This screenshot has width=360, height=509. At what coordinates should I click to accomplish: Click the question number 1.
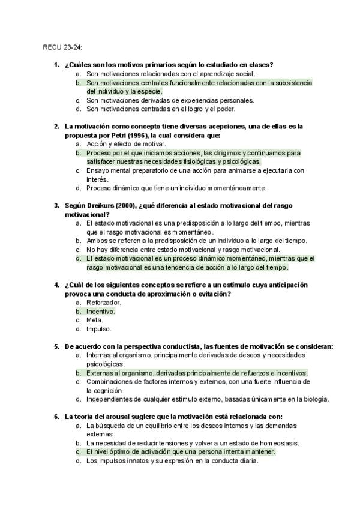pos(56,65)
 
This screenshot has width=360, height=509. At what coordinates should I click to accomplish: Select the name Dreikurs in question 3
pos(99,205)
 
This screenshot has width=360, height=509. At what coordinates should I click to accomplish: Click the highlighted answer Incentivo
pos(100,311)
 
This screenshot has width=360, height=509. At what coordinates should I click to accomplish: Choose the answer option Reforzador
pos(104,302)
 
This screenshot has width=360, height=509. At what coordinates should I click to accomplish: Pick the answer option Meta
pos(95,320)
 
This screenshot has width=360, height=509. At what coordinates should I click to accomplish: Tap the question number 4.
pos(56,285)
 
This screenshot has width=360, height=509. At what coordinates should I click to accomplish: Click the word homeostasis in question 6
pos(278,443)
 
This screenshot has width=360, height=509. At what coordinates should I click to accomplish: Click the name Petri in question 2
pos(120,135)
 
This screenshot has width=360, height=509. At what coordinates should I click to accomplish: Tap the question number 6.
pos(56,417)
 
